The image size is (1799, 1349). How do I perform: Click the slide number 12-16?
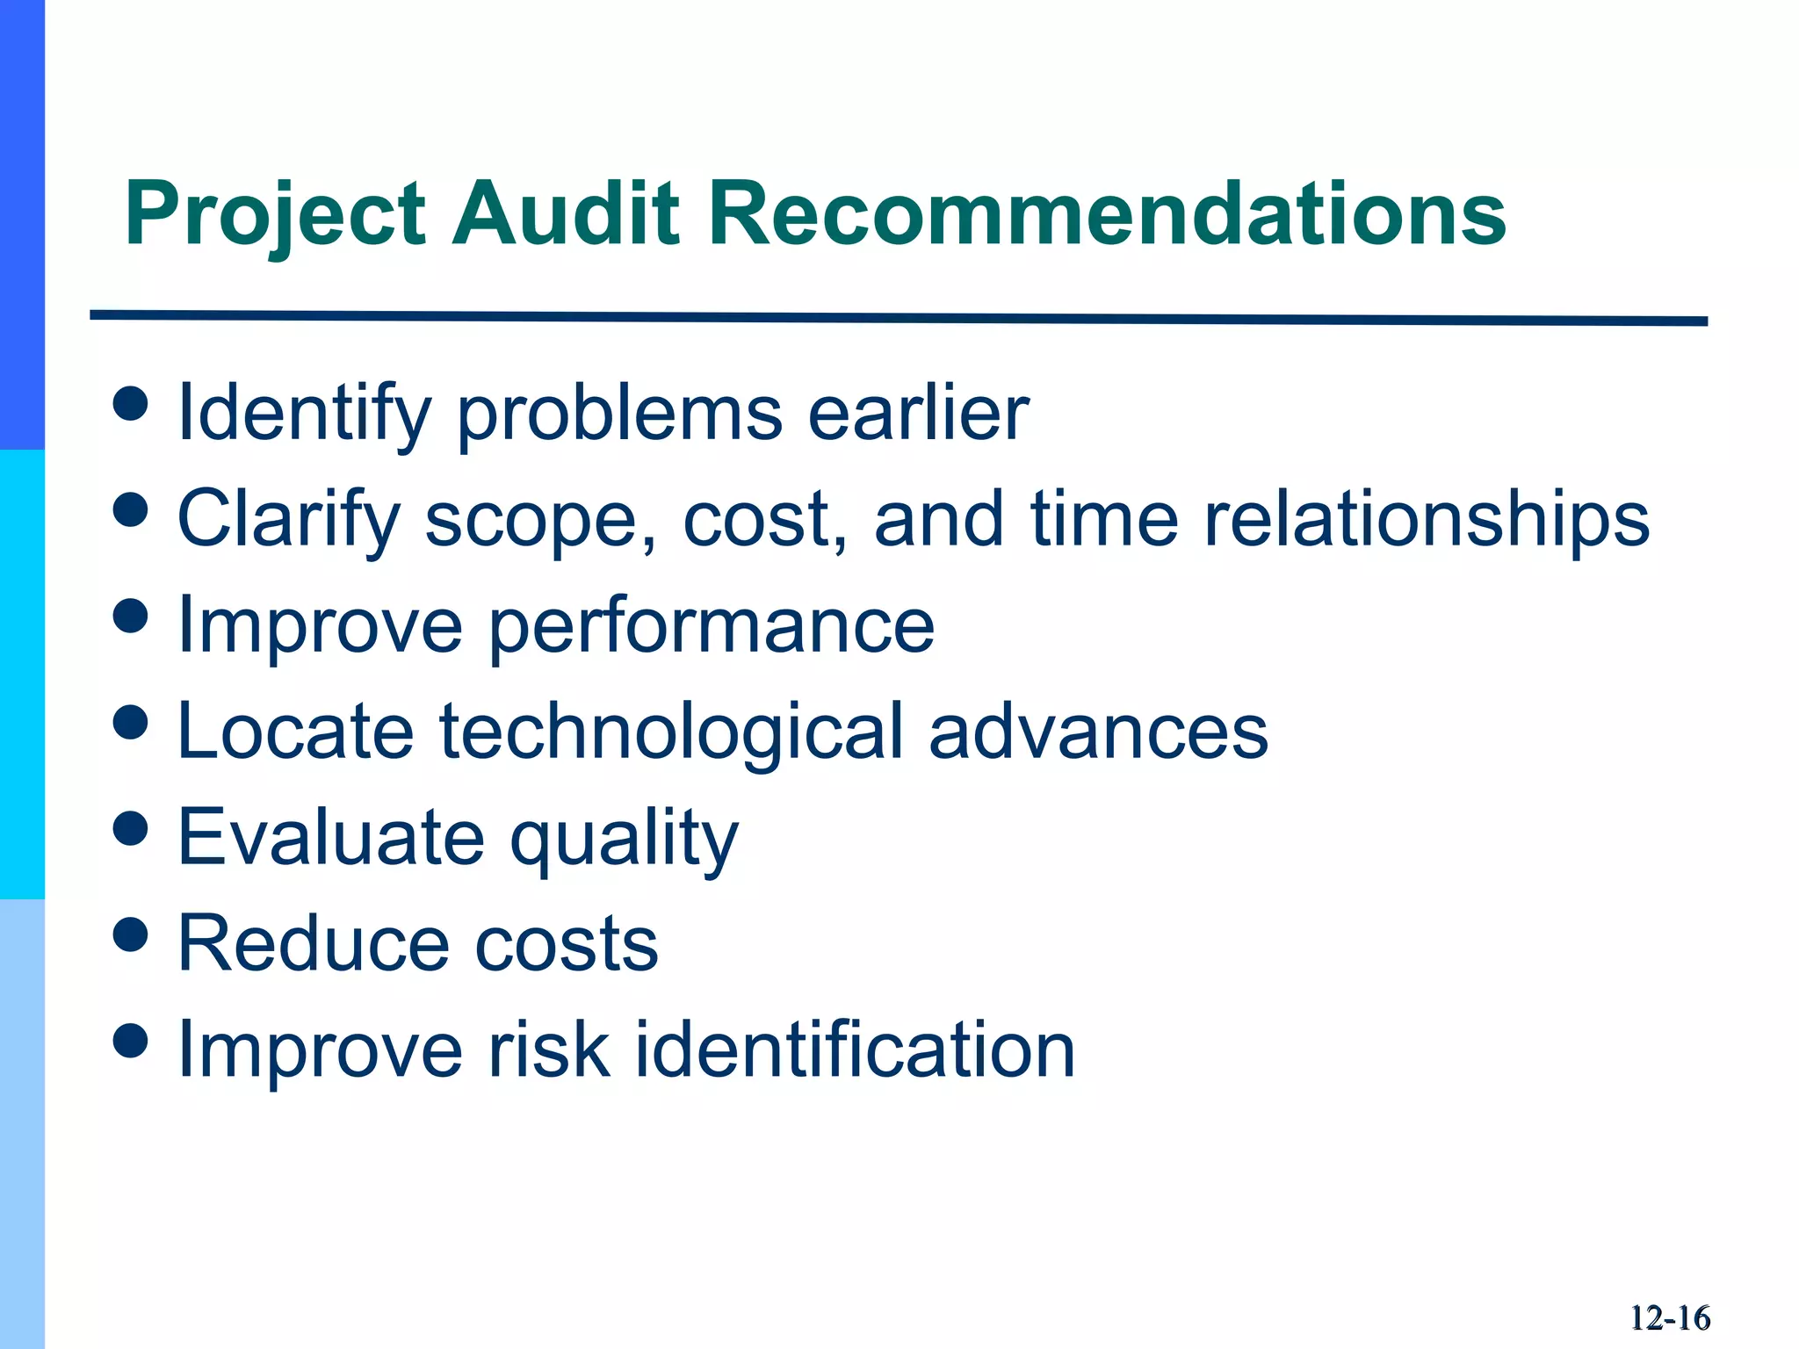(1669, 1318)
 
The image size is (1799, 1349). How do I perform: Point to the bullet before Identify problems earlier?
(131, 404)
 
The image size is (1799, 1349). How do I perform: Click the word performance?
(712, 626)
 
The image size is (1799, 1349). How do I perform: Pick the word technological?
(671, 732)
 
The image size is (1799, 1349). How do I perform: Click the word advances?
(1098, 732)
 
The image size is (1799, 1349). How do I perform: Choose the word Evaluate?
(330, 837)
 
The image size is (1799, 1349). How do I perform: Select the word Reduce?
(313, 944)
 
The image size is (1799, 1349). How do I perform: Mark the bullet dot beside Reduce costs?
(131, 934)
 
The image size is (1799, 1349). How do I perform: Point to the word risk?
(549, 1050)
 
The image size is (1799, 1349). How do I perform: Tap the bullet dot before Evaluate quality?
(131, 828)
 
